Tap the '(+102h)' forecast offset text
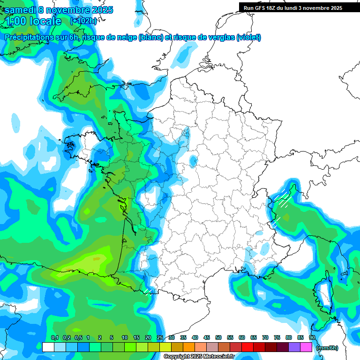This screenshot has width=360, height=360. coord(83,21)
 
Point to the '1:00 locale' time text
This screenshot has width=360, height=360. coord(33,21)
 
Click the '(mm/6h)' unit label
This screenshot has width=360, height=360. coord(327,348)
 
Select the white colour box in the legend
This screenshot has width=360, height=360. coord(48,347)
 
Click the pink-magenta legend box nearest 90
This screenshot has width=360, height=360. coord(306,347)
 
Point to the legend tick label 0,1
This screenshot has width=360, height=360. coord(54,338)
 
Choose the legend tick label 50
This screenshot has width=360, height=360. coord(218,338)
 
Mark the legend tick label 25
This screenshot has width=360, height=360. coord(160,338)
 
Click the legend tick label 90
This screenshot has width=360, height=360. coord(312,338)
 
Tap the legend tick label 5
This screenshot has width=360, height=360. coord(112,338)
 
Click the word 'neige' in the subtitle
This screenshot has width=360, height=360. coord(127,37)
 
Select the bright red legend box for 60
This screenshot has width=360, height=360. coord(247,347)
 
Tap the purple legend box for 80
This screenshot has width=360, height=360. coord(294,347)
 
